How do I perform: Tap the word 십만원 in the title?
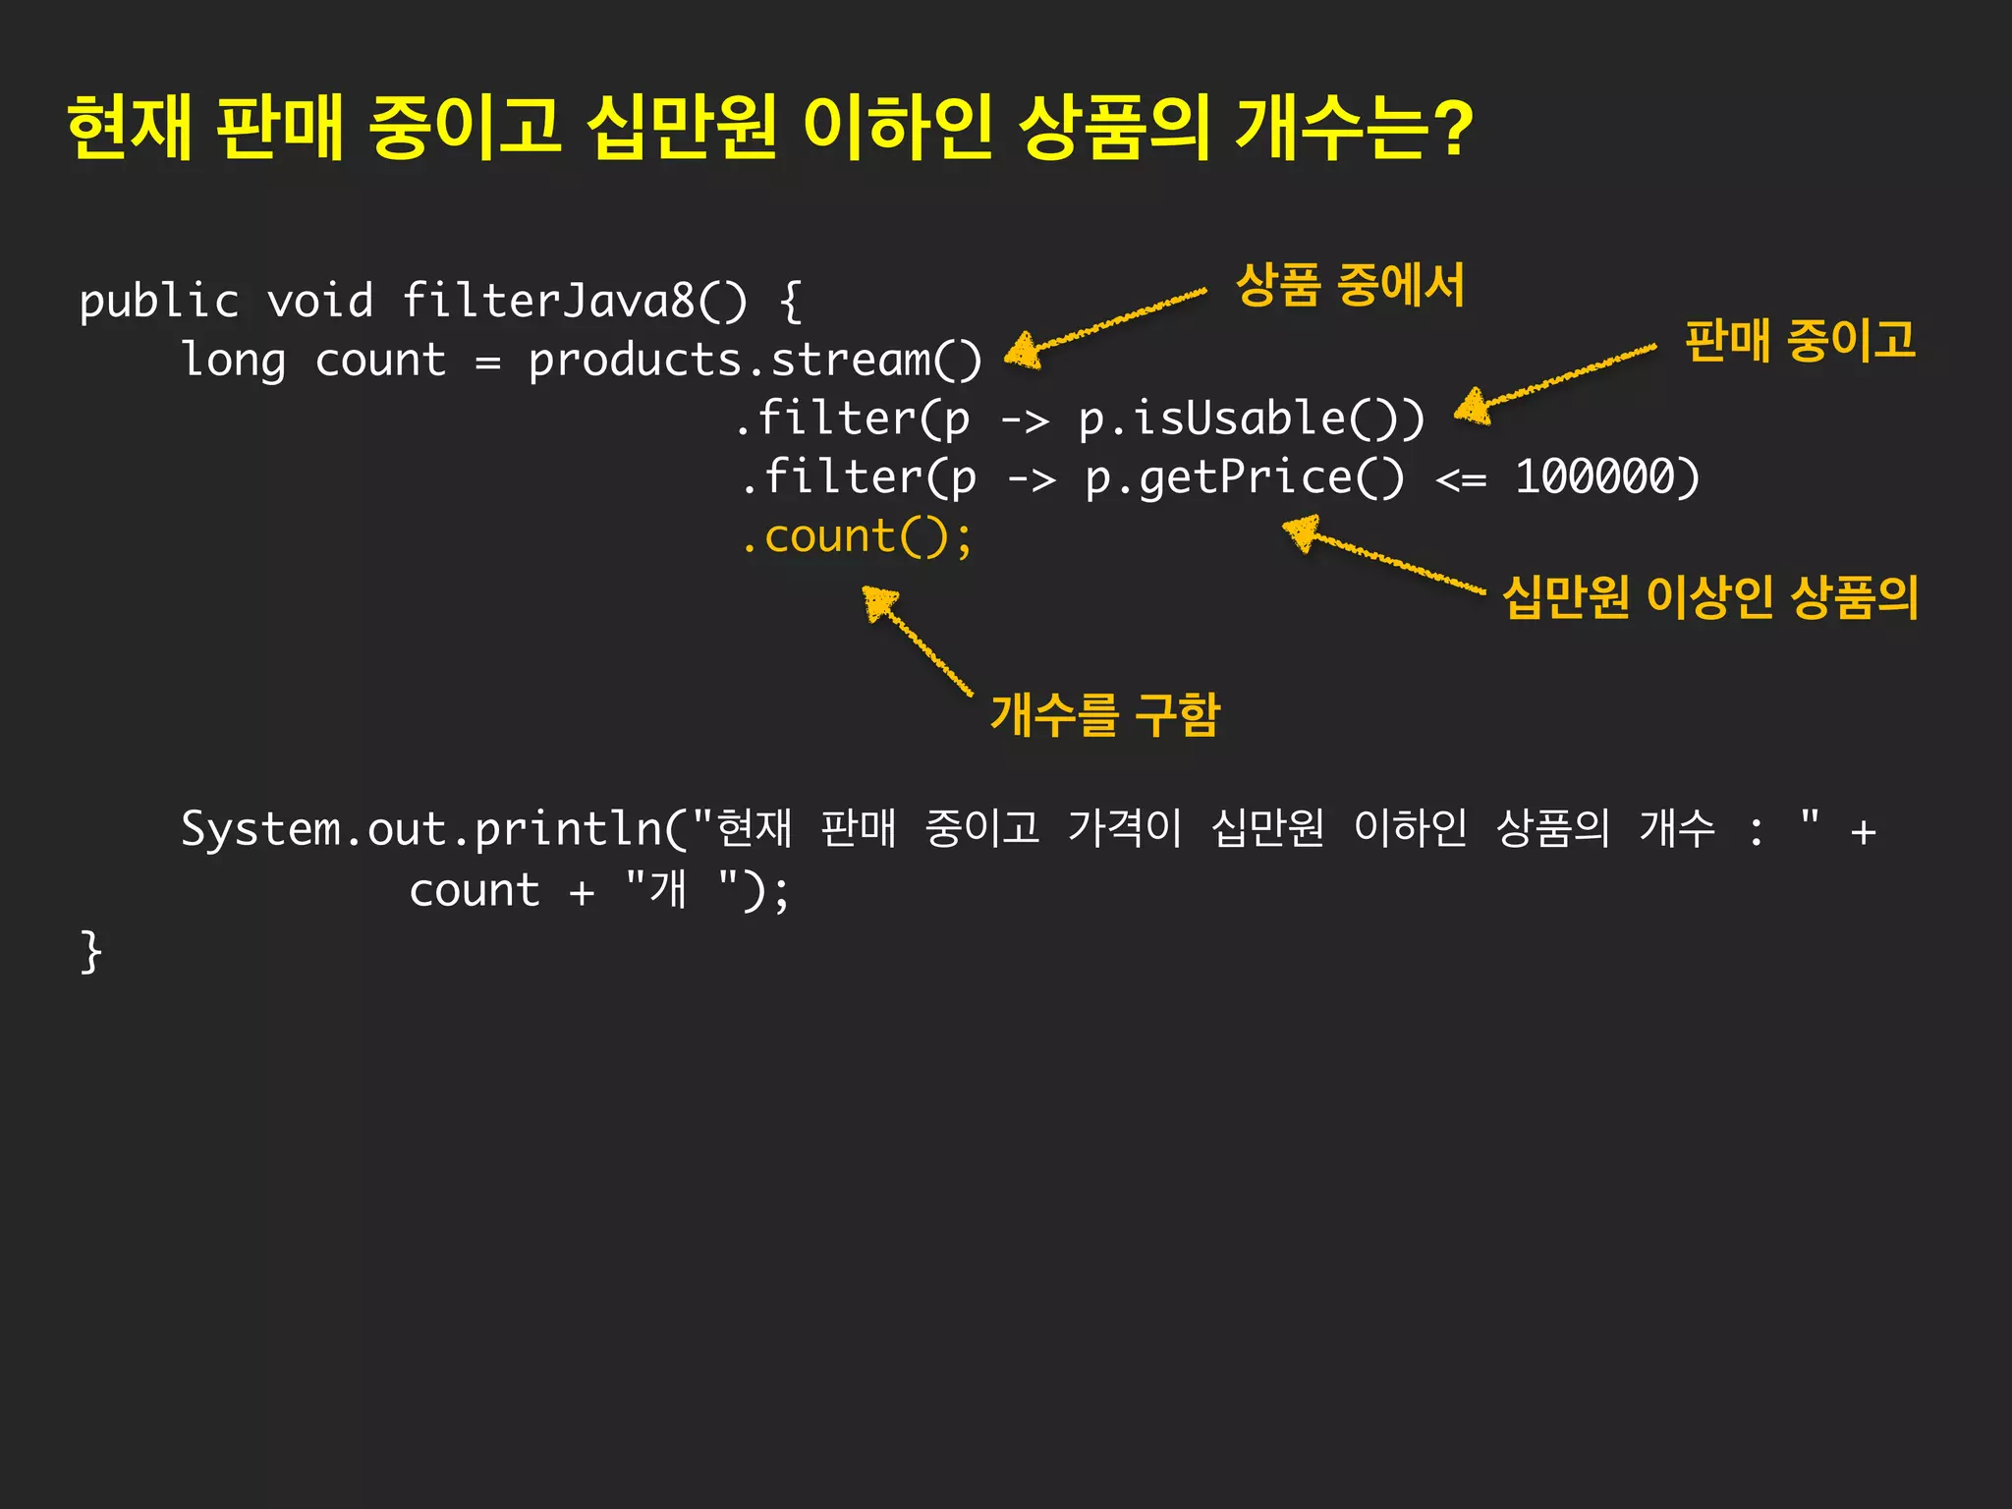681,128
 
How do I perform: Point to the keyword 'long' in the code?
234,360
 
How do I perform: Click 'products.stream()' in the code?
754,360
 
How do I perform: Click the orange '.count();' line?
856,537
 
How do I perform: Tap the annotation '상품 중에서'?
1350,285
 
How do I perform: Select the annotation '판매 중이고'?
1800,340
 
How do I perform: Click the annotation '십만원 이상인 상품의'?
1709,596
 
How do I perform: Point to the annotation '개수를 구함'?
1104,714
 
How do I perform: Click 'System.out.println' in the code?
422,830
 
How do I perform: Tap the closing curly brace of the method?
90,951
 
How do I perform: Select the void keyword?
319,300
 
